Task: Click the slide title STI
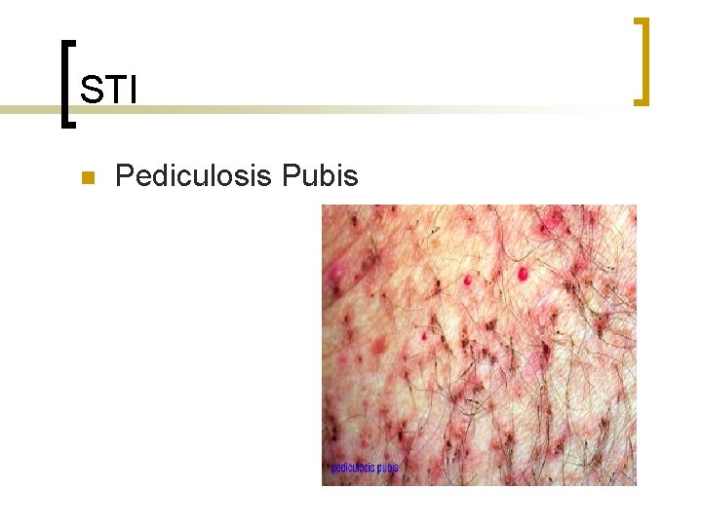pos(108,91)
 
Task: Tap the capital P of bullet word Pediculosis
pos(124,176)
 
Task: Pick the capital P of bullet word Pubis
pos(291,176)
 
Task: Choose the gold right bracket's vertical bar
pos(644,60)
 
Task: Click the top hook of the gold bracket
pos(640,20)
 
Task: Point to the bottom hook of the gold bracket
pos(640,100)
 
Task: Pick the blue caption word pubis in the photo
pos(387,468)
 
